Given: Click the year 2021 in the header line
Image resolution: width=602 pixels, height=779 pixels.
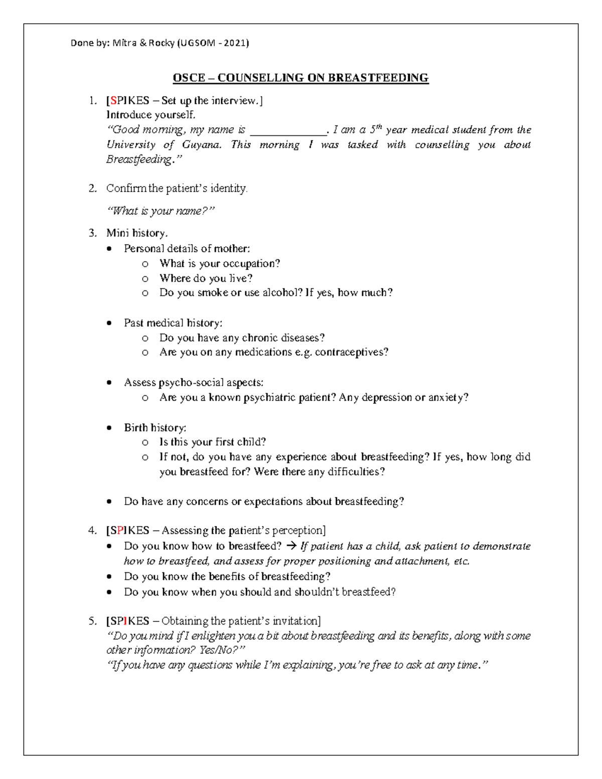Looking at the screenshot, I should tap(235, 43).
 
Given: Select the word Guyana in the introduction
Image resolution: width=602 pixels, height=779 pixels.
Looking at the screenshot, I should tap(201, 145).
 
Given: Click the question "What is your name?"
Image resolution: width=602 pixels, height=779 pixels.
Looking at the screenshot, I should tap(161, 211).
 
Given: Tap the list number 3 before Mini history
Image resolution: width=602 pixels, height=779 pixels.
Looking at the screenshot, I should tap(92, 233).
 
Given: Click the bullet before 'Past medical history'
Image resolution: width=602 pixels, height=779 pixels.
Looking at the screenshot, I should tap(109, 324).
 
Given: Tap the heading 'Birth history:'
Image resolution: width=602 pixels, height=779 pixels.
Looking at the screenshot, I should tap(155, 428).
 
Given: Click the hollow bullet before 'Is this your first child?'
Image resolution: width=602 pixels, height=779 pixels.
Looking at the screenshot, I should tap(145, 442).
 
